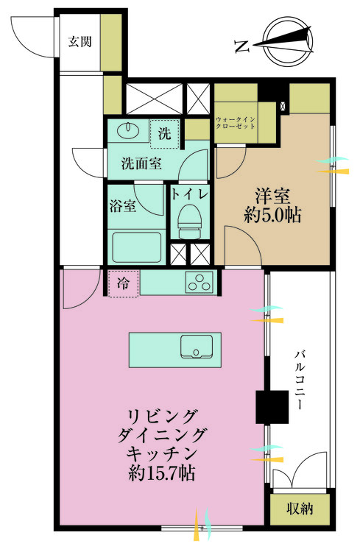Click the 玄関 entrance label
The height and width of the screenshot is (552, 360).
[80, 41]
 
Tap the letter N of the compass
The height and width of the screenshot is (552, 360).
[241, 46]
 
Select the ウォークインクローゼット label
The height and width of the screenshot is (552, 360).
[236, 122]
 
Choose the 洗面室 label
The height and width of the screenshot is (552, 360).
[141, 163]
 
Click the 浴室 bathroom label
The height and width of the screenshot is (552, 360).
[122, 205]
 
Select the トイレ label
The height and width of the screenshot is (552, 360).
[190, 194]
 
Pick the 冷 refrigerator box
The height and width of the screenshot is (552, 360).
[124, 283]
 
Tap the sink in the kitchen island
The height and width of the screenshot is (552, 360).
[197, 347]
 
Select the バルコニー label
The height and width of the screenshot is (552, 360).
[302, 381]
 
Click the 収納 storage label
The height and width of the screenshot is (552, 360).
[300, 508]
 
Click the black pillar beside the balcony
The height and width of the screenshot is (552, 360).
[272, 406]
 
